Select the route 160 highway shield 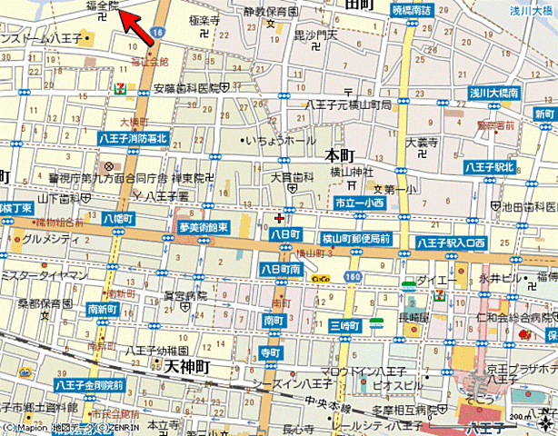tap(352, 276)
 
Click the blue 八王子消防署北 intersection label tap(135, 137)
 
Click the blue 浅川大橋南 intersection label tap(493, 93)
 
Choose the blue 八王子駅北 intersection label tap(490, 167)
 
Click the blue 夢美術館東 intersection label tap(203, 228)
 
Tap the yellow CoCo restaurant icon tap(319, 278)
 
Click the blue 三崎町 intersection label tap(345, 325)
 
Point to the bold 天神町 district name tap(187, 365)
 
